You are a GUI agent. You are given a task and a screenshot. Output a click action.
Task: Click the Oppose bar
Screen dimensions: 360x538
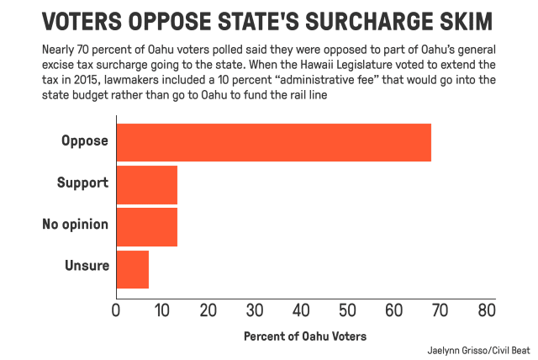click(273, 142)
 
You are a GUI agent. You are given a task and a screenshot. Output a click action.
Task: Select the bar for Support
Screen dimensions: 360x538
click(146, 184)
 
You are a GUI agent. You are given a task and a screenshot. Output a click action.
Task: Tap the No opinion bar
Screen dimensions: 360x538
click(146, 227)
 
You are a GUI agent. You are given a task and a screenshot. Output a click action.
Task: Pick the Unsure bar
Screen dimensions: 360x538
click(132, 269)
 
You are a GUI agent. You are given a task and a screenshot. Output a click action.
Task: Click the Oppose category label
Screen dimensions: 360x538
click(85, 141)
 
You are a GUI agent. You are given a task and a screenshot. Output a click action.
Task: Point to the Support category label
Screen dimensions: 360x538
click(82, 183)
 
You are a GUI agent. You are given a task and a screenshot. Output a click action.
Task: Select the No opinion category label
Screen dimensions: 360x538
click(76, 225)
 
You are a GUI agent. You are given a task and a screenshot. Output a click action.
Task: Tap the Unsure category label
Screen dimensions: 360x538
click(87, 267)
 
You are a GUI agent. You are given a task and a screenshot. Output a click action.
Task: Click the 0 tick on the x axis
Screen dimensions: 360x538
click(116, 311)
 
